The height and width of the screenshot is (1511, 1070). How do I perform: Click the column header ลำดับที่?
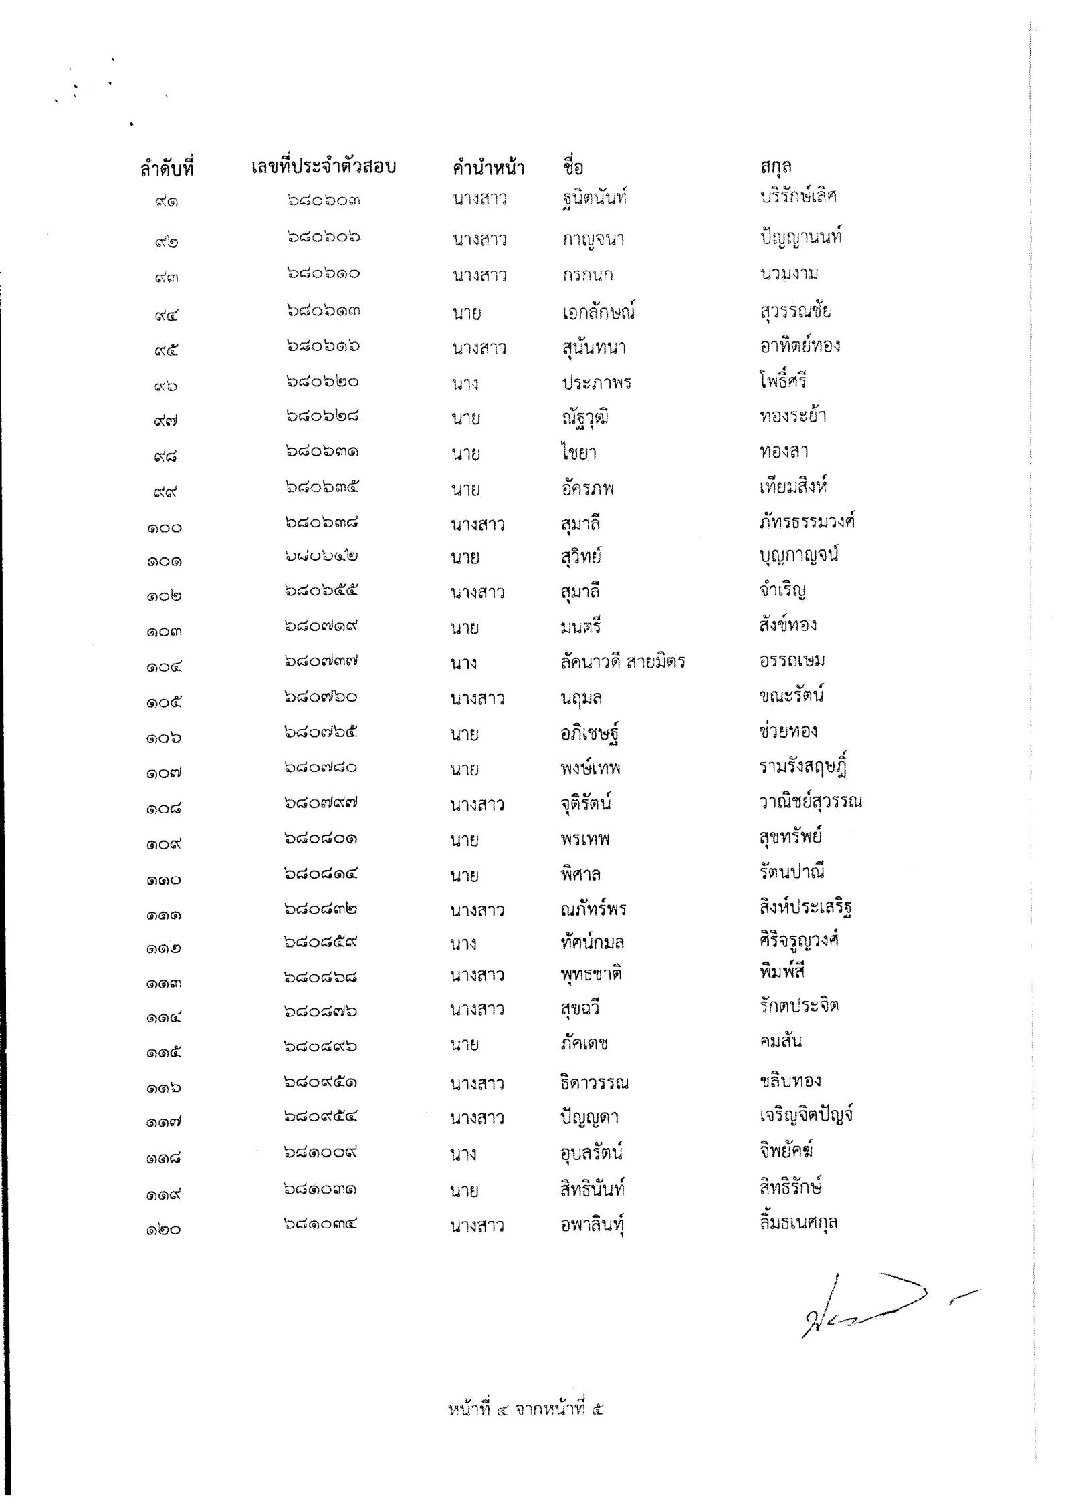tap(167, 168)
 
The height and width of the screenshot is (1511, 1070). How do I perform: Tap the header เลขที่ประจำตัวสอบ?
tap(324, 166)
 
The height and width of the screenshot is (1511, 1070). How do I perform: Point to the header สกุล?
tap(776, 166)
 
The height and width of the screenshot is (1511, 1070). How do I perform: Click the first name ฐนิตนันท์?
tap(594, 198)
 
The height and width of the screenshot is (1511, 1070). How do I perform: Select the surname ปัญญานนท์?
tap(800, 237)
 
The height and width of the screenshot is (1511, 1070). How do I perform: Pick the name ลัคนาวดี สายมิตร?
tap(623, 662)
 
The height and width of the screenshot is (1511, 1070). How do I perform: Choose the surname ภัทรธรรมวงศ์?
tap(807, 521)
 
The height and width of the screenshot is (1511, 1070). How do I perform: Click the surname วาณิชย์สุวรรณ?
tap(810, 801)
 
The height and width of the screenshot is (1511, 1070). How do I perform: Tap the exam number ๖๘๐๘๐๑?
tap(320, 838)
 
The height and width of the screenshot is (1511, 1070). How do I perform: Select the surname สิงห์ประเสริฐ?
tap(805, 908)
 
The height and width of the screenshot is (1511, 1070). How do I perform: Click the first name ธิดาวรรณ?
tap(595, 1082)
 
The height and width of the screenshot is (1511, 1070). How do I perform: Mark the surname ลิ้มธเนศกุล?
tap(798, 1222)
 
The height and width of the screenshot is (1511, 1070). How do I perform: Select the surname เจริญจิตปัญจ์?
tap(806, 1115)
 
